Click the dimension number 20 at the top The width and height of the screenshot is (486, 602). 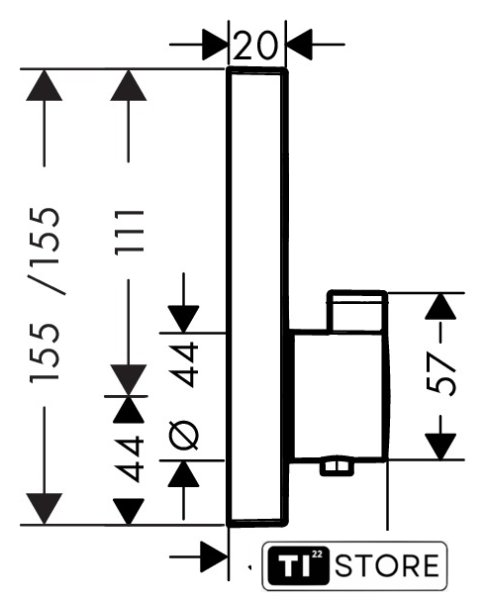point(254,46)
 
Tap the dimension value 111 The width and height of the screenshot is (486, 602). point(130,232)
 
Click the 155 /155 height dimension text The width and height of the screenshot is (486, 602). point(46,295)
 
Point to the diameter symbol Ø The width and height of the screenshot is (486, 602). point(183,435)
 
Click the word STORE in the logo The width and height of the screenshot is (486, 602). point(387,565)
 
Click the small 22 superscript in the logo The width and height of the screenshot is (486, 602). point(318,554)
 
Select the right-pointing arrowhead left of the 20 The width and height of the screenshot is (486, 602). point(215,45)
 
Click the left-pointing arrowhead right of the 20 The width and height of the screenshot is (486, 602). point(299,45)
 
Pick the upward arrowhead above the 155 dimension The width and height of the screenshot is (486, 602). point(45,85)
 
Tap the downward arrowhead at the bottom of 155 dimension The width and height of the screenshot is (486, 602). point(45,509)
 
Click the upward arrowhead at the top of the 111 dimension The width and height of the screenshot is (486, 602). point(129,85)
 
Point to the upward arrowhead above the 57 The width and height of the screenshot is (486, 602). point(440,306)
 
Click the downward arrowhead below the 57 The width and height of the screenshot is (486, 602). point(440,447)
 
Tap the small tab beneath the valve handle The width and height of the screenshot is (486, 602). point(338,465)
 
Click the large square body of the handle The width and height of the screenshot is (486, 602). point(339,395)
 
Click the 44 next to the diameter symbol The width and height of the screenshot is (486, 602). point(184,364)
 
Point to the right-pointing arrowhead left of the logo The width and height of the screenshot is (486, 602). point(215,556)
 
